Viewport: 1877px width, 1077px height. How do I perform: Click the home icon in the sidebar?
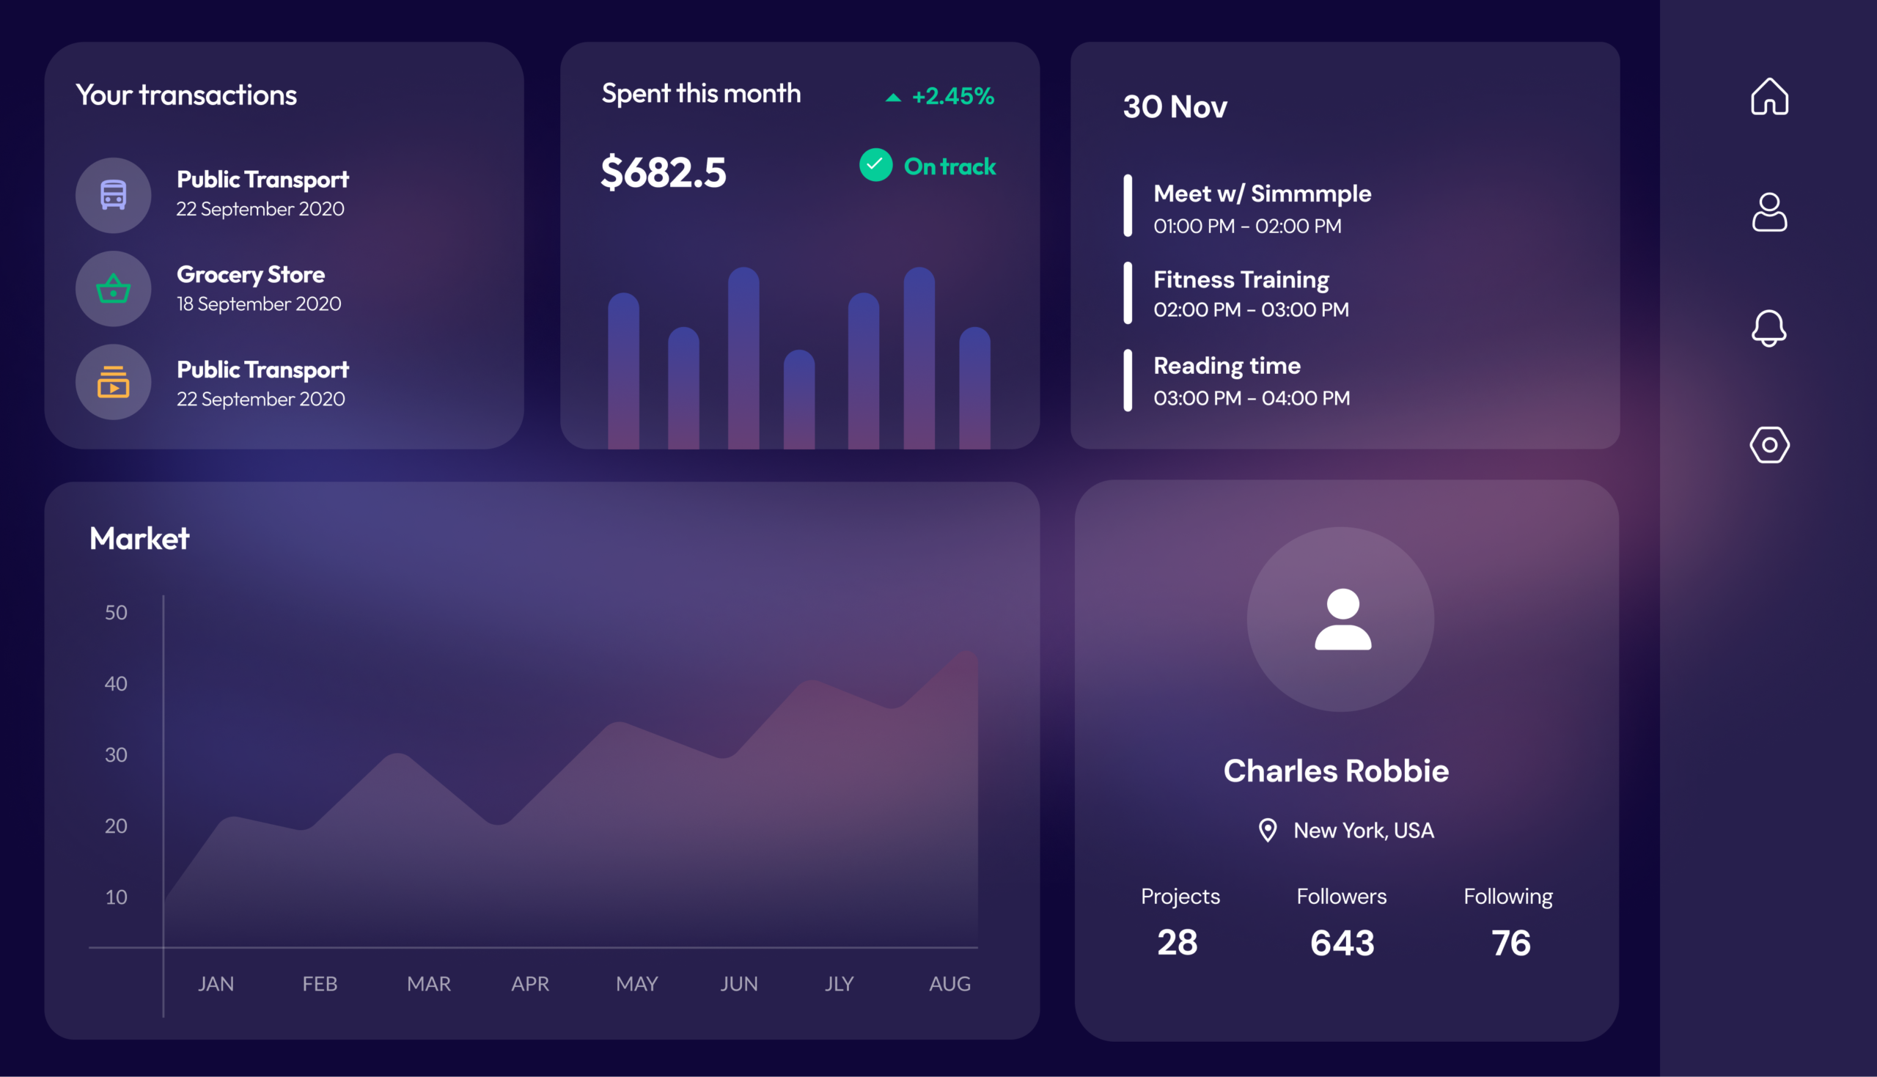pyautogui.click(x=1769, y=96)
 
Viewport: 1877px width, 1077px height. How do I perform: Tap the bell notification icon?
pyautogui.click(x=1769, y=328)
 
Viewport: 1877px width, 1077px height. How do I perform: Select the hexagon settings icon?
pyautogui.click(x=1769, y=444)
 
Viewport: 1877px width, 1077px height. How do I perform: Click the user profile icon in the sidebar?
pyautogui.click(x=1769, y=213)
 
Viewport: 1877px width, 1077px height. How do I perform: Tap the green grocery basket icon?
pyautogui.click(x=113, y=288)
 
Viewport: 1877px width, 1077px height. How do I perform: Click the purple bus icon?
pyautogui.click(x=113, y=194)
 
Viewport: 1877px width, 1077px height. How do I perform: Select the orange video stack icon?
pyautogui.click(x=113, y=382)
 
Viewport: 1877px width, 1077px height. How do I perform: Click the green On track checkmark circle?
pyautogui.click(x=875, y=165)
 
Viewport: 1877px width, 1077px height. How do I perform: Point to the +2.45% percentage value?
pyautogui.click(x=952, y=96)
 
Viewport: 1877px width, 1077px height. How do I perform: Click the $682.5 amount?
pyautogui.click(x=664, y=172)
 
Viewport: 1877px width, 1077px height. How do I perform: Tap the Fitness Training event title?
pyautogui.click(x=1241, y=279)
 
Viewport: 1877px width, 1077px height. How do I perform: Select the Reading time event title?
pyautogui.click(x=1227, y=365)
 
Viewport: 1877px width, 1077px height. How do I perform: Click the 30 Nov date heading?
pyautogui.click(x=1175, y=106)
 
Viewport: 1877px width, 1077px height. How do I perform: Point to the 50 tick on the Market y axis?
pyautogui.click(x=116, y=612)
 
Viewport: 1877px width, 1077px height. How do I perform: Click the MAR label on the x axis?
pyautogui.click(x=429, y=984)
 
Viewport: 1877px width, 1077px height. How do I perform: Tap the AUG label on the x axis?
pyautogui.click(x=949, y=984)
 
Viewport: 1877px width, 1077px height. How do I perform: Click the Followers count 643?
pyautogui.click(x=1342, y=943)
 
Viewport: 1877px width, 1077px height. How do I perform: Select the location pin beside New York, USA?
pyautogui.click(x=1268, y=830)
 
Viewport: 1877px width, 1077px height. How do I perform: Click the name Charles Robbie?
pyautogui.click(x=1336, y=771)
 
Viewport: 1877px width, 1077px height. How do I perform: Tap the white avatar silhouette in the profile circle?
pyautogui.click(x=1343, y=619)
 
